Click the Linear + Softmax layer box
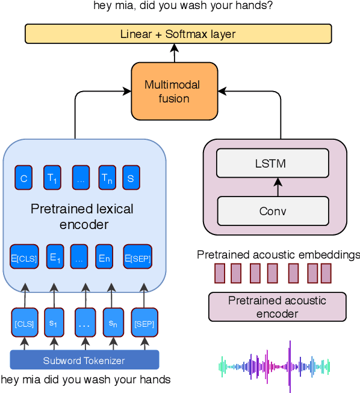click(178, 33)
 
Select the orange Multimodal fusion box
click(174, 90)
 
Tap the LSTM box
click(273, 163)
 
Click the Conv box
click(273, 211)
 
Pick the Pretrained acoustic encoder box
click(277, 306)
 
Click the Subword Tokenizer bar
click(84, 360)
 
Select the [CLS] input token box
click(25, 324)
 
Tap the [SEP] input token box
click(143, 324)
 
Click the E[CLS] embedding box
click(24, 259)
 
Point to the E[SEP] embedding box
click(138, 259)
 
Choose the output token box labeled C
click(24, 178)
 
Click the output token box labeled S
click(131, 178)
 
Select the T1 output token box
click(52, 178)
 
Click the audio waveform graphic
click(274, 366)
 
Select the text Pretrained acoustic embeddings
click(278, 255)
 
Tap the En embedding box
click(105, 259)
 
